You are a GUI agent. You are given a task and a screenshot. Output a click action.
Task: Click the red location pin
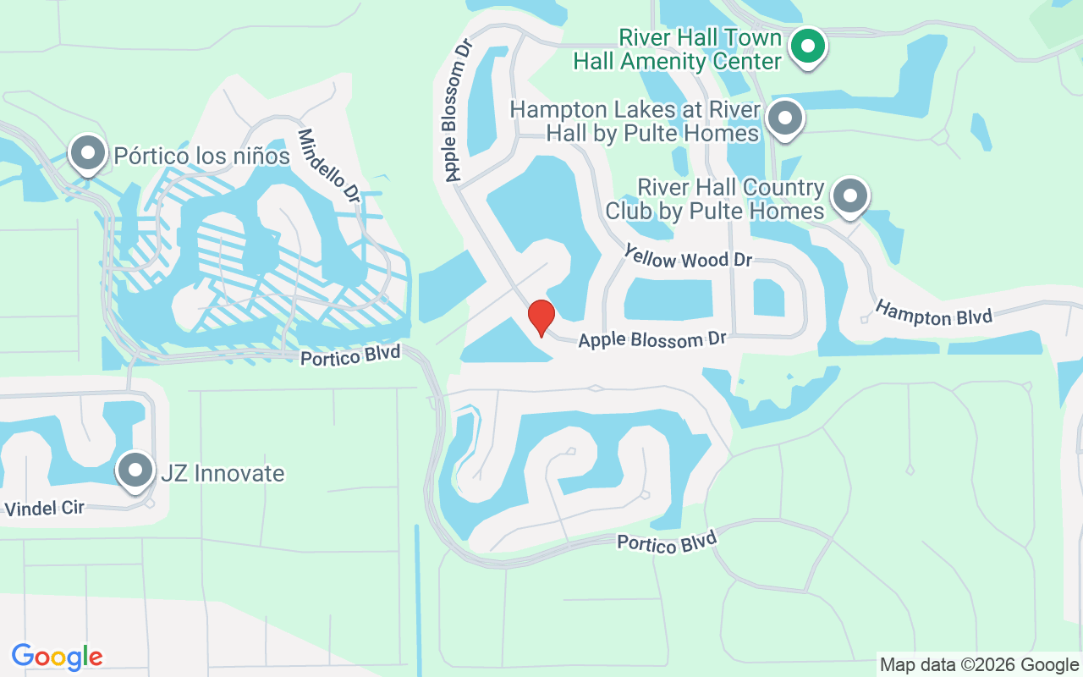click(541, 317)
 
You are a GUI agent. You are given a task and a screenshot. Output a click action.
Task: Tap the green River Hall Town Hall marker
click(808, 45)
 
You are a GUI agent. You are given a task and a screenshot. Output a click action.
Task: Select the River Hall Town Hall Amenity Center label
click(678, 49)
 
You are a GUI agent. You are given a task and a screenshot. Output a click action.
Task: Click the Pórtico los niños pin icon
click(87, 153)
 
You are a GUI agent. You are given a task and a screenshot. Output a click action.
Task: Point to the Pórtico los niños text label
click(201, 157)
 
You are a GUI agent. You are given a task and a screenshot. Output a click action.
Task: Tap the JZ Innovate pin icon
click(135, 470)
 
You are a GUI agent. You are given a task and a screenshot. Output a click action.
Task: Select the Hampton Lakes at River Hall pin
click(786, 119)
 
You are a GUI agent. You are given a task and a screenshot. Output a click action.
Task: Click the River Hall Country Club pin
click(849, 196)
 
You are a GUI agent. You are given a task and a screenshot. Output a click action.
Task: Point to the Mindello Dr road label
click(330, 166)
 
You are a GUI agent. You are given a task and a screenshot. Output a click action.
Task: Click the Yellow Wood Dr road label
click(688, 256)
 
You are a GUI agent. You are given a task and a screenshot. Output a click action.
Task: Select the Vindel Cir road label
click(45, 508)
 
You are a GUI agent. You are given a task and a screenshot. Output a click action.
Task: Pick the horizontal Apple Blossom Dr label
click(652, 340)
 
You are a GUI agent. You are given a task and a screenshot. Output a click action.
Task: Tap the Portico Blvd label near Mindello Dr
click(350, 355)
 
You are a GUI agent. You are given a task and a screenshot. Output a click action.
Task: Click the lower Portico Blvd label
click(666, 542)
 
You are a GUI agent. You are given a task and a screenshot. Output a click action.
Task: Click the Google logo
click(58, 657)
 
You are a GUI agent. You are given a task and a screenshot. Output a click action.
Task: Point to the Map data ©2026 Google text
click(979, 664)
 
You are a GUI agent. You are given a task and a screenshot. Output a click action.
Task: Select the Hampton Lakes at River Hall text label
click(635, 121)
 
